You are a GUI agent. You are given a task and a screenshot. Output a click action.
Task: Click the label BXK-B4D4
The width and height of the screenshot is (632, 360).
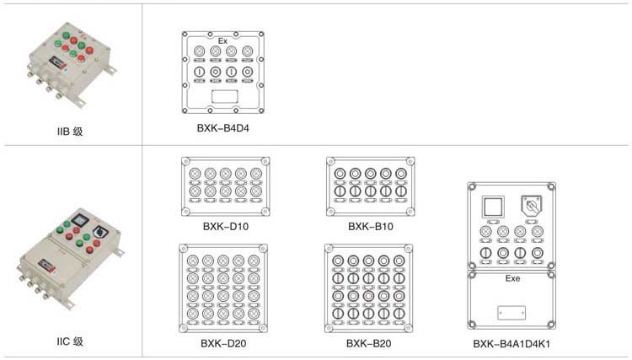(223, 129)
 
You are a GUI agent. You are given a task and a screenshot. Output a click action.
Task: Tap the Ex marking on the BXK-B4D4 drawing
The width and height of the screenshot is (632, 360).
(223, 40)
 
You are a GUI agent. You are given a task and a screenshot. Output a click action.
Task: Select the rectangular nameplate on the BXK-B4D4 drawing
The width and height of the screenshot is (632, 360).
(223, 98)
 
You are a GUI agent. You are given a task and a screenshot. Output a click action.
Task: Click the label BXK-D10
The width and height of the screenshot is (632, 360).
(225, 226)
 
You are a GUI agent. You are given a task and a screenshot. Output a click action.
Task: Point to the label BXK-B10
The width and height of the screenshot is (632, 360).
(371, 226)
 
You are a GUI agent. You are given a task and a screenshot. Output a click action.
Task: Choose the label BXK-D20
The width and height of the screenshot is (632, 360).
(223, 343)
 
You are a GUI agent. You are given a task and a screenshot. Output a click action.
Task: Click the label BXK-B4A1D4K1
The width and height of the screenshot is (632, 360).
(511, 344)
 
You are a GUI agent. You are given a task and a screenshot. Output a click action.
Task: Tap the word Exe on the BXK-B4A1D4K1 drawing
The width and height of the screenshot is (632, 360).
(511, 277)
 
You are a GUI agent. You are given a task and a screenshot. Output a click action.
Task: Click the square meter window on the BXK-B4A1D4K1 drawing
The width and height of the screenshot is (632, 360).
(490, 206)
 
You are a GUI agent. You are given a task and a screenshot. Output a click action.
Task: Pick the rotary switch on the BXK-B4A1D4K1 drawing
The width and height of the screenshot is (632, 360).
(533, 206)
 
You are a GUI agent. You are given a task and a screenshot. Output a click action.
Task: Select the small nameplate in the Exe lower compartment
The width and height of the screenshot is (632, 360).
(511, 312)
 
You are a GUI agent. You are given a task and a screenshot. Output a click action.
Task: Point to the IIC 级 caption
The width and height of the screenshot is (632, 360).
(70, 341)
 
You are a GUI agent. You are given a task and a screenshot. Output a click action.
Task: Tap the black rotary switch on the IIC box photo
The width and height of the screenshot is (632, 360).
(99, 229)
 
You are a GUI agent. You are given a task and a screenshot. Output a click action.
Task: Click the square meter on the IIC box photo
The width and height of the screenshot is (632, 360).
(78, 218)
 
